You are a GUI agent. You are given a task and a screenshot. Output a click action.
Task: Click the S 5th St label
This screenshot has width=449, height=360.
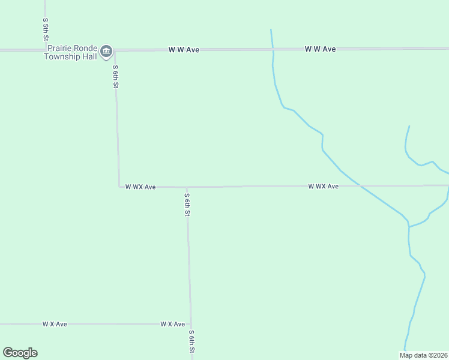click(45, 29)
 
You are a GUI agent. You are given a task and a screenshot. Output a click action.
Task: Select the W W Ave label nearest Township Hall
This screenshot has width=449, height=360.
click(184, 50)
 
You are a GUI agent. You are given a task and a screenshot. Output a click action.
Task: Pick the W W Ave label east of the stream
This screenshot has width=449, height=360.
click(320, 49)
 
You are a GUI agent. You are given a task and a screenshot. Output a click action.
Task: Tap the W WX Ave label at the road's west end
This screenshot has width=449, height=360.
click(140, 187)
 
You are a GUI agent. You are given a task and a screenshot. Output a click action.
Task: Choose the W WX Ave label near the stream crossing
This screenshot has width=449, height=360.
click(323, 187)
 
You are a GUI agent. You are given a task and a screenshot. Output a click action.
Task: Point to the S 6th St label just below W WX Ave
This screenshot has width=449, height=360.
click(187, 205)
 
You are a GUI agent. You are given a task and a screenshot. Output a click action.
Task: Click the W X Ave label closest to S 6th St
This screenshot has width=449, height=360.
click(172, 324)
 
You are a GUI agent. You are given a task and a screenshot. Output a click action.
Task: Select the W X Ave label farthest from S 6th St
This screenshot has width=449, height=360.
click(55, 324)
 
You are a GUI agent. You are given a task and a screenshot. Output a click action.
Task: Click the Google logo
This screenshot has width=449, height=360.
click(20, 353)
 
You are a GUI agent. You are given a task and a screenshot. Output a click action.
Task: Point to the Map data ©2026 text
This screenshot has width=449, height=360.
click(423, 355)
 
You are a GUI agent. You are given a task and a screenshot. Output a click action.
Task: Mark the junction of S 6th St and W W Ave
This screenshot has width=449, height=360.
click(114, 50)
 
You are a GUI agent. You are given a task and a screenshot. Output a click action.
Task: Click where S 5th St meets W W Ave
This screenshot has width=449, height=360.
click(46, 50)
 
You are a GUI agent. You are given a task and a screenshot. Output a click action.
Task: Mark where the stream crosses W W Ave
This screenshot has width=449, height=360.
click(273, 49)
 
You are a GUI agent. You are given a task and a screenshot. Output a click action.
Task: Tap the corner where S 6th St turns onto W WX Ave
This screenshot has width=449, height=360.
click(119, 187)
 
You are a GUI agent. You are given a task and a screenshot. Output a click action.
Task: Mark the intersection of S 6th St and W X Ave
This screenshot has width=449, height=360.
click(190, 324)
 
